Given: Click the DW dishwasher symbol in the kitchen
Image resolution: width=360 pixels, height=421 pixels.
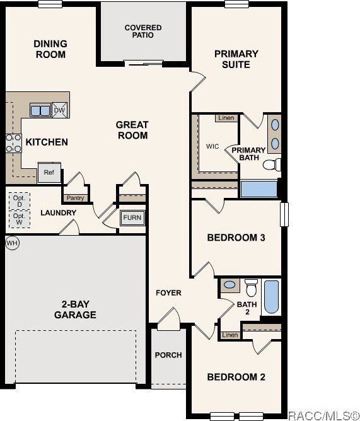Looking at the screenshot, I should point(60,110).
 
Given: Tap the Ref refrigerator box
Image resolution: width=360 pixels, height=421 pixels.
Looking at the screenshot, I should point(48,172).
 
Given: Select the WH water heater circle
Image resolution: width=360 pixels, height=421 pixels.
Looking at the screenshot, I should point(11,243).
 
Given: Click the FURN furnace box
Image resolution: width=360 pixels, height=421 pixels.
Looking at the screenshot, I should point(132,218).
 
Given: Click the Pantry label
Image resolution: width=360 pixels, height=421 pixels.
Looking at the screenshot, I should point(75,198).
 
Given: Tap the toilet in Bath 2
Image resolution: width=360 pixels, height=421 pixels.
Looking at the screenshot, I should point(252,289).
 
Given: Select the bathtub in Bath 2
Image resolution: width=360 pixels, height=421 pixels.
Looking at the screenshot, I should point(272,297).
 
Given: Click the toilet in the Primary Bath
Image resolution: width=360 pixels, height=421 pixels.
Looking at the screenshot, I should point(270,165).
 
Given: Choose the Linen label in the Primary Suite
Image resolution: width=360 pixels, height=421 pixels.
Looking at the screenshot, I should point(225,118).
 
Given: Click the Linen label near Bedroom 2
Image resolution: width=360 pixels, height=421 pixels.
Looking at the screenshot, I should point(230,335).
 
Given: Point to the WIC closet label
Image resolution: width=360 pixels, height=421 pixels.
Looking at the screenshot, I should point(212,146).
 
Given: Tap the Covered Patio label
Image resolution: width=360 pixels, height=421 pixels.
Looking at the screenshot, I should point(142,32).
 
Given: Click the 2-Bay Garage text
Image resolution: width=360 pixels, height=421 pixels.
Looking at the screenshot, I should point(75,309).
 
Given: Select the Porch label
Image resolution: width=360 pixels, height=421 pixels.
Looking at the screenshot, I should point(168,355).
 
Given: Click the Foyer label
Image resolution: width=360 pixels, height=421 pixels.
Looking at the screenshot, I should point(168,292).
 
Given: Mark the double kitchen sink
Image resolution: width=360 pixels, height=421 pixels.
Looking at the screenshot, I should point(40,110).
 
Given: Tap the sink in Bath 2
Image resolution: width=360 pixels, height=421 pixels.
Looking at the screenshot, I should point(231,285).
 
